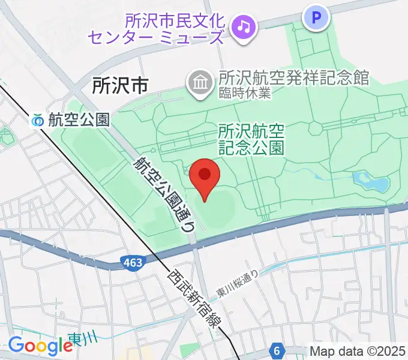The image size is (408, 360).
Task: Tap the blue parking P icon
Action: point(317,17)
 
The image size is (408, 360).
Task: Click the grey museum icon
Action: point(199,82)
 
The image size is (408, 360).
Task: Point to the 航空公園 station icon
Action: point(38,120)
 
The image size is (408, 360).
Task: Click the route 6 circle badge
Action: point(276,349)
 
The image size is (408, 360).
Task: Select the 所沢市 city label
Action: point(119,86)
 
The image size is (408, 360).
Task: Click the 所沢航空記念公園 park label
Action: point(251,139)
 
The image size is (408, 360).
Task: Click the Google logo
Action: point(40,346)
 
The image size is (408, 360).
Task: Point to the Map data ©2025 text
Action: point(358,350)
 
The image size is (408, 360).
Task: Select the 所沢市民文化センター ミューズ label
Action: point(157,29)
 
